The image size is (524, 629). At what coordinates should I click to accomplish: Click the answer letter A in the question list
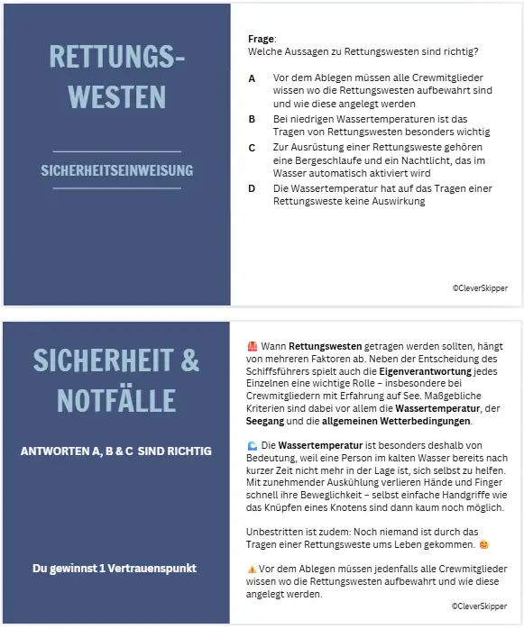pos(252,77)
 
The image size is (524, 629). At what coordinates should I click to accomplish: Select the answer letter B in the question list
pos(252,118)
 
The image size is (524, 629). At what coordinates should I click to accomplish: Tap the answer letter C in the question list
pos(252,146)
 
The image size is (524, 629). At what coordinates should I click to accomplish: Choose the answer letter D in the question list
pos(252,187)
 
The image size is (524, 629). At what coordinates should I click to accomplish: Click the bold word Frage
pos(262,39)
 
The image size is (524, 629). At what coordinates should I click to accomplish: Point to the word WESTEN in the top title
pos(117,96)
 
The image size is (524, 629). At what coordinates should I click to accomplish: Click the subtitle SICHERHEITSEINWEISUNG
pos(117,169)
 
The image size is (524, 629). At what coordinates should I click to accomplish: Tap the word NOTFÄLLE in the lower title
pos(116,399)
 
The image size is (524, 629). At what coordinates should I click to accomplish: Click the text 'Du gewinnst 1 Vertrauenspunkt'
pos(115,569)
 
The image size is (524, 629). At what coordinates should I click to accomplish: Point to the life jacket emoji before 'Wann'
pos(252,345)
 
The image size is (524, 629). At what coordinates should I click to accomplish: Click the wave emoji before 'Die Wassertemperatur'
pos(252,445)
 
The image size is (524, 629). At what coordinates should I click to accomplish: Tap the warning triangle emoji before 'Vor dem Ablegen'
pos(252,570)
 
